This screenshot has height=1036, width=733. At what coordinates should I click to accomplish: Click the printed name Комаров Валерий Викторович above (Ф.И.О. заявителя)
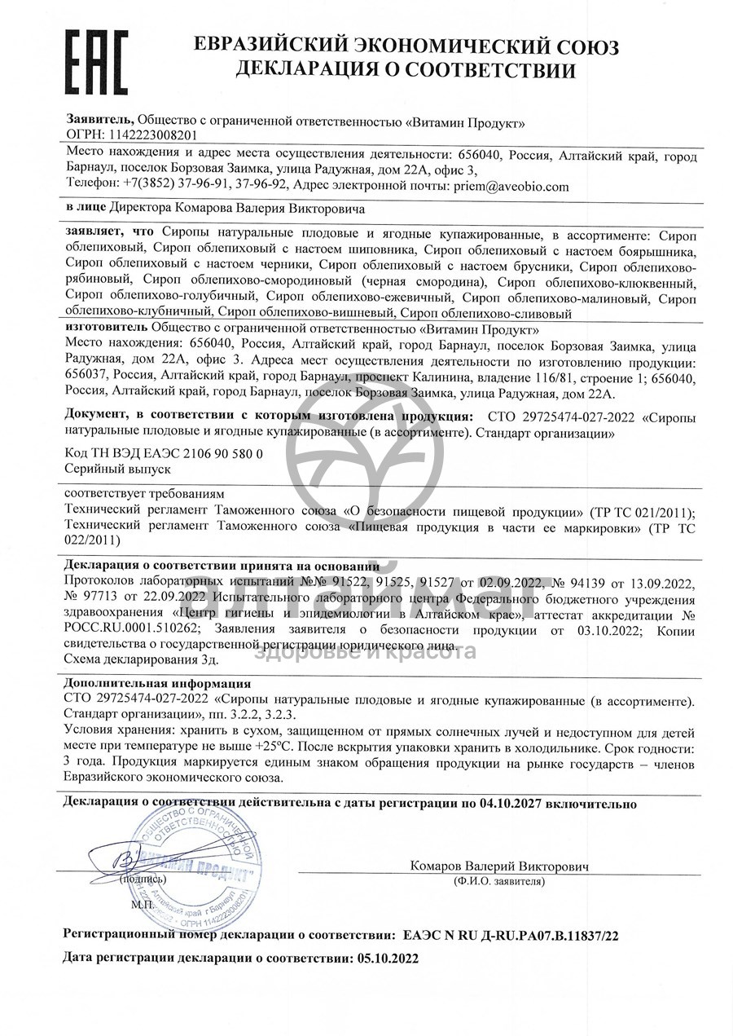pos(498,866)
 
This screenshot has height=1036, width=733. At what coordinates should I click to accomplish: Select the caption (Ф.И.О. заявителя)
pos(498,881)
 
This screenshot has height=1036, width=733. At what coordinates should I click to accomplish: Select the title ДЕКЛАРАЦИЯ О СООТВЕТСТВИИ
pos(405,70)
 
